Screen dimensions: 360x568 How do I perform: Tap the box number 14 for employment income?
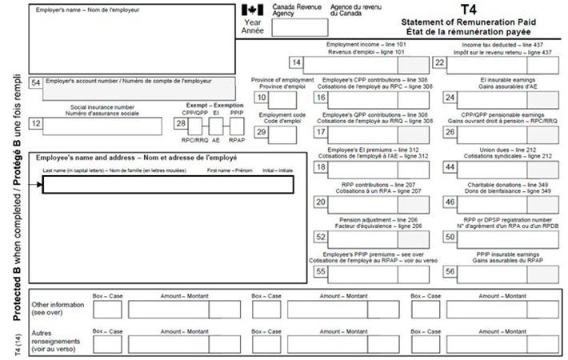click(297, 62)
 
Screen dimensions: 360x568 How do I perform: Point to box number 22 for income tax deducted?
click(439, 62)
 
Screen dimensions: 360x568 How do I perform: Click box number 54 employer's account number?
click(35, 83)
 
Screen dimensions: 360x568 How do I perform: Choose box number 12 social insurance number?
click(35, 124)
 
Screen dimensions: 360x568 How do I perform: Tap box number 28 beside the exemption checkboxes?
click(181, 124)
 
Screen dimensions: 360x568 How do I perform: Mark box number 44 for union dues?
click(450, 167)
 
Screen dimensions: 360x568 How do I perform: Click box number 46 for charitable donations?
click(450, 202)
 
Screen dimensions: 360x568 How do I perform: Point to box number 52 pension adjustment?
click(320, 237)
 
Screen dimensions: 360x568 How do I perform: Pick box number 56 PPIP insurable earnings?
click(450, 272)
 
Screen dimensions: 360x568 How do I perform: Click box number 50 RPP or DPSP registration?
click(450, 237)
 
